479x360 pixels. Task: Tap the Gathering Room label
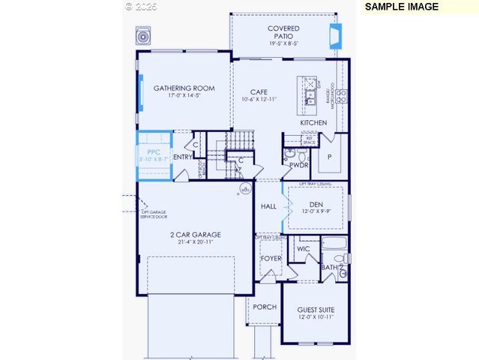coord(184,88)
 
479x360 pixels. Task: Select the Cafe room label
coord(259,91)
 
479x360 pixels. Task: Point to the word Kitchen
coord(313,122)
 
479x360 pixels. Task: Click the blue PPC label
coord(154,151)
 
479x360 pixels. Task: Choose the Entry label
coord(182,157)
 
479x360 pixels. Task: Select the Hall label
coord(268,206)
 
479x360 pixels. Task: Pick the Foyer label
coord(271,259)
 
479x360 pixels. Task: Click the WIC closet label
coord(304,248)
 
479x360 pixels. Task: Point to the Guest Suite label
coord(316,310)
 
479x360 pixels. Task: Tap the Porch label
coord(265,307)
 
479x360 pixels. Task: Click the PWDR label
coord(299,165)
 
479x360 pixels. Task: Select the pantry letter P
coord(328,157)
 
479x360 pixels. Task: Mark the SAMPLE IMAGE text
coord(402,6)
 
